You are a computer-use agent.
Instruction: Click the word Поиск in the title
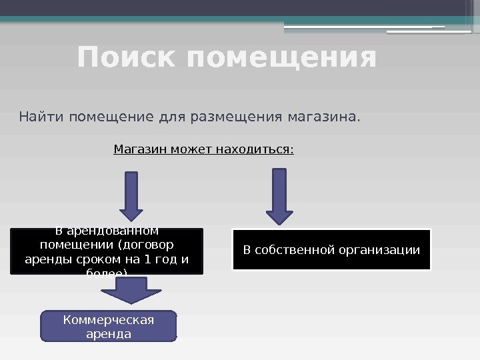(128, 57)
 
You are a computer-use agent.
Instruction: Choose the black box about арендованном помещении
(107, 251)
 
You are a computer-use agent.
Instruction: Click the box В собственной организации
(331, 250)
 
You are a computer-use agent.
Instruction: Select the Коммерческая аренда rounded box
(109, 326)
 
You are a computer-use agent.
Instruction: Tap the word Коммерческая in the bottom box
(109, 320)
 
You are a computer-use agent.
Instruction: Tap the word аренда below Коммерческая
(109, 333)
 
